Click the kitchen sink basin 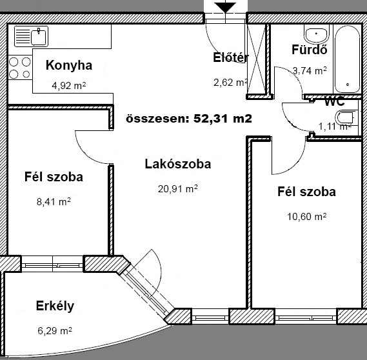click(x=39, y=37)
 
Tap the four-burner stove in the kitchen click(x=20, y=68)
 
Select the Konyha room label click(x=69, y=65)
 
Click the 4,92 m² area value click(x=68, y=86)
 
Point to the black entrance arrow click(x=225, y=8)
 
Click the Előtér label click(x=230, y=57)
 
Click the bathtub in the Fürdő click(x=347, y=59)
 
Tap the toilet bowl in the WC click(x=344, y=117)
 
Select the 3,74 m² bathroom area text click(x=310, y=70)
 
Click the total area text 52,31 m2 click(x=223, y=119)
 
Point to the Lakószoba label click(x=178, y=164)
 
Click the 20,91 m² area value click(x=177, y=188)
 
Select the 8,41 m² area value click(x=54, y=201)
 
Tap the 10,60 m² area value click(x=306, y=217)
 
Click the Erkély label click(x=55, y=306)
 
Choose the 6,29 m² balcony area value click(x=55, y=331)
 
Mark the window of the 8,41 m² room click(x=52, y=264)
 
